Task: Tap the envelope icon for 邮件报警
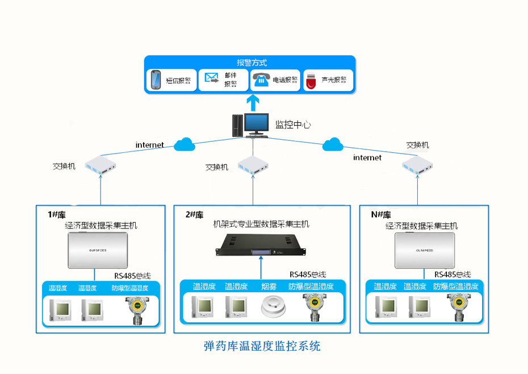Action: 212,78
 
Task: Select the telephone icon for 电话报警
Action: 261,80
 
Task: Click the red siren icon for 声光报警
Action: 311,81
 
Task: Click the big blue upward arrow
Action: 253,103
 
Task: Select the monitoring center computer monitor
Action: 256,124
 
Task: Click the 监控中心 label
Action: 293,124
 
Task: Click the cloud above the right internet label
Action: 333,145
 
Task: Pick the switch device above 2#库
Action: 253,165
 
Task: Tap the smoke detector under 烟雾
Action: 272,308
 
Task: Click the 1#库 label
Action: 58,215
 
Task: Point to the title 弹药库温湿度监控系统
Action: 262,346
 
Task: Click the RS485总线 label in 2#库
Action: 307,274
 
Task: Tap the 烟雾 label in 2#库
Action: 269,286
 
